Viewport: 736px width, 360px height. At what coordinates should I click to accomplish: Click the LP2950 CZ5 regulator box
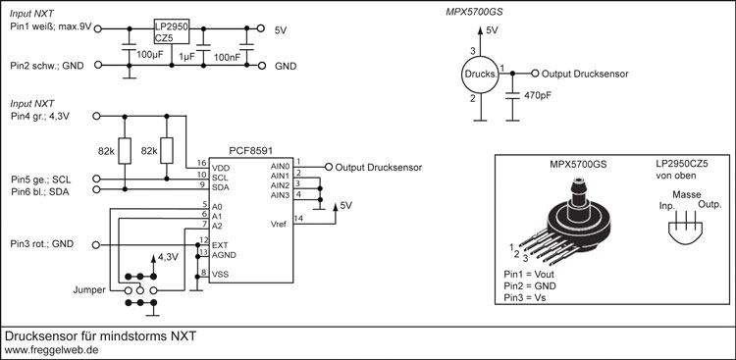tap(171, 31)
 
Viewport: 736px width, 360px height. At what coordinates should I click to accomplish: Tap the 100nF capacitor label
tap(229, 58)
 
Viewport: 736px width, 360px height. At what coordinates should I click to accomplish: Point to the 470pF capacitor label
tap(539, 97)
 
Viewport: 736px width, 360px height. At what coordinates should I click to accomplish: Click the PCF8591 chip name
tap(251, 151)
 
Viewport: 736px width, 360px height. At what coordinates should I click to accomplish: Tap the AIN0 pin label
tap(281, 166)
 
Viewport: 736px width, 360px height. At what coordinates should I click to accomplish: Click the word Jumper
tap(89, 291)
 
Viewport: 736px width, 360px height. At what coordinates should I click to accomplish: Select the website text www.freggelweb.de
tap(50, 348)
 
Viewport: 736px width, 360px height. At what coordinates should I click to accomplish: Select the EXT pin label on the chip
tap(221, 242)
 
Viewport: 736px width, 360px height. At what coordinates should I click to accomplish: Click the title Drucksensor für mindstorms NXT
tap(101, 334)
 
